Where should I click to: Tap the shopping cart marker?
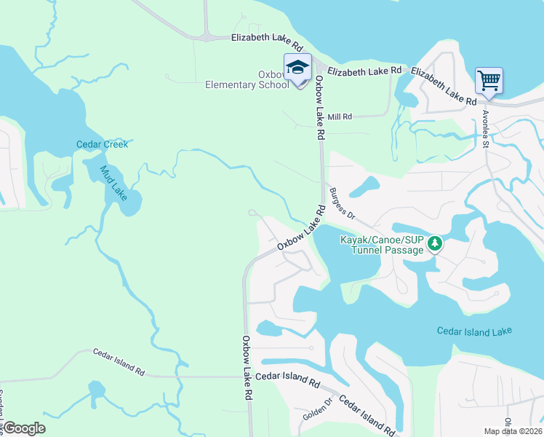pyautogui.click(x=489, y=81)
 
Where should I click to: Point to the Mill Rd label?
pyautogui.click(x=340, y=117)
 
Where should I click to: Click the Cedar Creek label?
pyautogui.click(x=102, y=144)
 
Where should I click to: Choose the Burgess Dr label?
pyautogui.click(x=342, y=204)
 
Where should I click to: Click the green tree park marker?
pyautogui.click(x=434, y=243)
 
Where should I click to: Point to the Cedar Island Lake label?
pyautogui.click(x=474, y=331)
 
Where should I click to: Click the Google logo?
pyautogui.click(x=24, y=428)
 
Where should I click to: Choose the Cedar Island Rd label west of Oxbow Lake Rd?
pyautogui.click(x=119, y=361)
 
